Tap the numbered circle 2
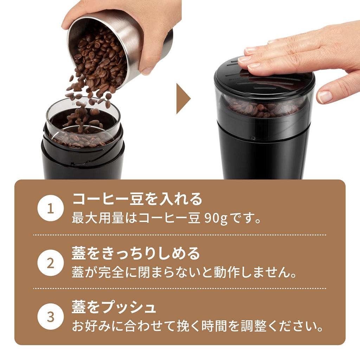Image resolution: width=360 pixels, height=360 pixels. pyautogui.click(x=51, y=263)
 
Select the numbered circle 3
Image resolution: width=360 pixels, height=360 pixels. pyautogui.click(x=51, y=317)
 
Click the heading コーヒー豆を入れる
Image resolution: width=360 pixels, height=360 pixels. pyautogui.click(x=137, y=199)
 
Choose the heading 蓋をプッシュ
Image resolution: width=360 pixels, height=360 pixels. pyautogui.click(x=114, y=307)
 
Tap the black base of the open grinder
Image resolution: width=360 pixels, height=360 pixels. pyautogui.click(x=83, y=162)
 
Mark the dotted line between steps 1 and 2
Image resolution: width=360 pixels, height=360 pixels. pyautogui.click(x=179, y=234)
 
